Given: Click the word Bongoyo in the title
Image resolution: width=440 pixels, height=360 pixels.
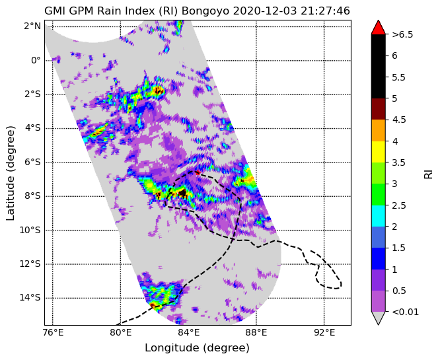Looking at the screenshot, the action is [x=205, y=11].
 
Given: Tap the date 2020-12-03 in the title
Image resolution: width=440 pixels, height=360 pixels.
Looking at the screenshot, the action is [x=265, y=11].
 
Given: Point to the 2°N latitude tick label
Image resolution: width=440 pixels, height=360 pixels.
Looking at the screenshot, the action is [x=32, y=26].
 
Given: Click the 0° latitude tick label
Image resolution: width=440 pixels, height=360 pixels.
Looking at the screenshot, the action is [x=36, y=60].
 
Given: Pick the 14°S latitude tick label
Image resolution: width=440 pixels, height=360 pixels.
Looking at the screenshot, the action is [x=30, y=298].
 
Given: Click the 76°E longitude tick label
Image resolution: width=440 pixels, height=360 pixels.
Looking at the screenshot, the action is [x=52, y=333].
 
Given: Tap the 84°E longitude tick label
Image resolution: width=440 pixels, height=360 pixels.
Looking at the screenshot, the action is [x=188, y=333].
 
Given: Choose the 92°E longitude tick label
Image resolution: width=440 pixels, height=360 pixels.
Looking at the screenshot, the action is [x=324, y=333].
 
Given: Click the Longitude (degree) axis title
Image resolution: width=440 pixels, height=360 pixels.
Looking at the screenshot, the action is [x=197, y=348].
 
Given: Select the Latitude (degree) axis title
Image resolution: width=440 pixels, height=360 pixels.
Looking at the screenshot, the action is [x=10, y=173].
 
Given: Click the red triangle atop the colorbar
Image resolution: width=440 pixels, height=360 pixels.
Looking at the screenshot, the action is [x=378, y=27].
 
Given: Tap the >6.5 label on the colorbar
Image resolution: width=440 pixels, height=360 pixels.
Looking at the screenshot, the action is [x=402, y=34].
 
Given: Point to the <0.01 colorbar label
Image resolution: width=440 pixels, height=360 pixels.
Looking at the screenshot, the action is [x=405, y=312].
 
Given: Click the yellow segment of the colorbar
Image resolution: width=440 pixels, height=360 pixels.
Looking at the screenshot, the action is [x=378, y=152].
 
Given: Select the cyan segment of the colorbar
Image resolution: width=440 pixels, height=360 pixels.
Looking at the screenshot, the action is [x=378, y=216].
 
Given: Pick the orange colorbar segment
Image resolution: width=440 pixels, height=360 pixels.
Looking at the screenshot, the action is [x=378, y=131].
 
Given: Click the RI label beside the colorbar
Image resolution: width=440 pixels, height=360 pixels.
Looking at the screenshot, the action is [x=428, y=174].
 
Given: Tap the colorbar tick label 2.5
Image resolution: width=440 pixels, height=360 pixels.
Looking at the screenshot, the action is [x=399, y=205].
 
